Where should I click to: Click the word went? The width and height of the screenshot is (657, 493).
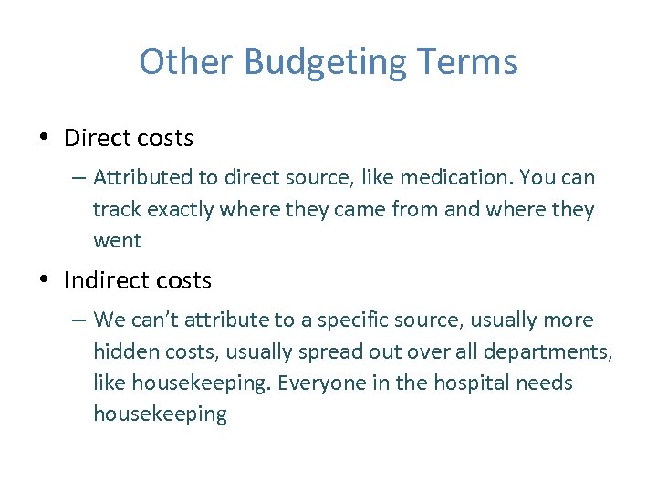[117, 241]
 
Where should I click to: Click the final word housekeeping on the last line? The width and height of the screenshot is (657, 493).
[160, 414]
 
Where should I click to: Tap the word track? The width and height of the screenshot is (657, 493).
[116, 209]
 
